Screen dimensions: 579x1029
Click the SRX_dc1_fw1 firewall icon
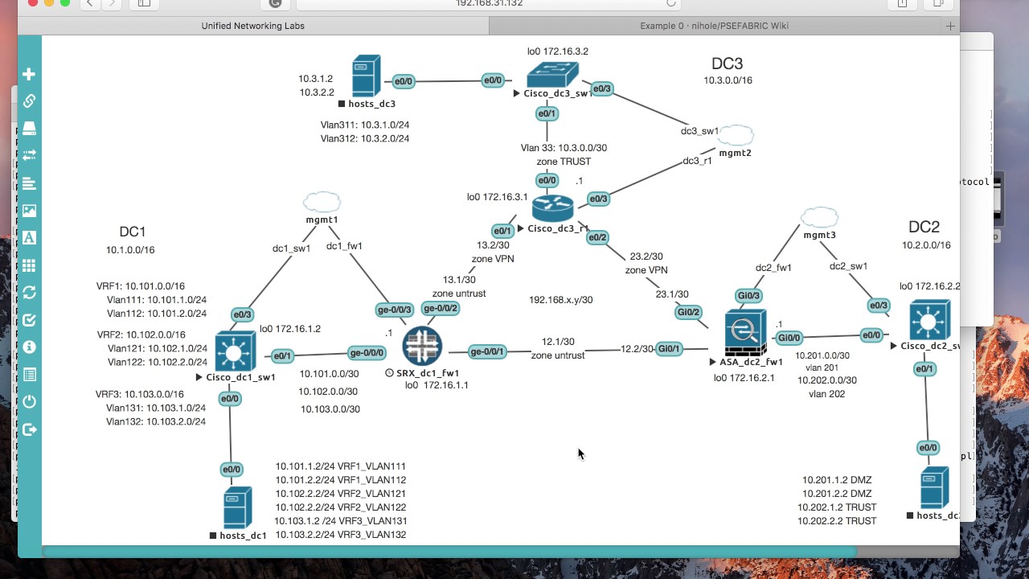[422, 346]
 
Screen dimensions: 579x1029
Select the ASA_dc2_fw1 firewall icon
[745, 333]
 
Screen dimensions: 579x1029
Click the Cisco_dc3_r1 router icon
[553, 208]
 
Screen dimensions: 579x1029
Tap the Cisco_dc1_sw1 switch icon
[236, 351]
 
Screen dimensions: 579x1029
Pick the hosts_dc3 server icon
[366, 76]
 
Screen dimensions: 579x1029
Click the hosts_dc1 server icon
[237, 507]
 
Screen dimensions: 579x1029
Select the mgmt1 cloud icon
[322, 202]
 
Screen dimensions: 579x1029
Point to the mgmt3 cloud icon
[819, 217]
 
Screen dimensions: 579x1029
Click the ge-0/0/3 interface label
[395, 310]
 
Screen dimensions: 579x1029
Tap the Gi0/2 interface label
[689, 312]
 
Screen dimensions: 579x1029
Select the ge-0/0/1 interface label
[487, 351]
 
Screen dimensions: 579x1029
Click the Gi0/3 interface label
[748, 296]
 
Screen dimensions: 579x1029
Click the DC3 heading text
[727, 64]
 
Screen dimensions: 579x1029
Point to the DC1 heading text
[133, 232]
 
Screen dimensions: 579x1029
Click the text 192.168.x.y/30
[560, 300]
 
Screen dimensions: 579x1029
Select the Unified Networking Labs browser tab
[252, 26]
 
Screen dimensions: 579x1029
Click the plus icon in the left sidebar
[29, 75]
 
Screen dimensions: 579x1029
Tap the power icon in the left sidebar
[29, 401]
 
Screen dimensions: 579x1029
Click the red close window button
[32, 3]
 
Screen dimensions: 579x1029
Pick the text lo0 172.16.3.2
[557, 51]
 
